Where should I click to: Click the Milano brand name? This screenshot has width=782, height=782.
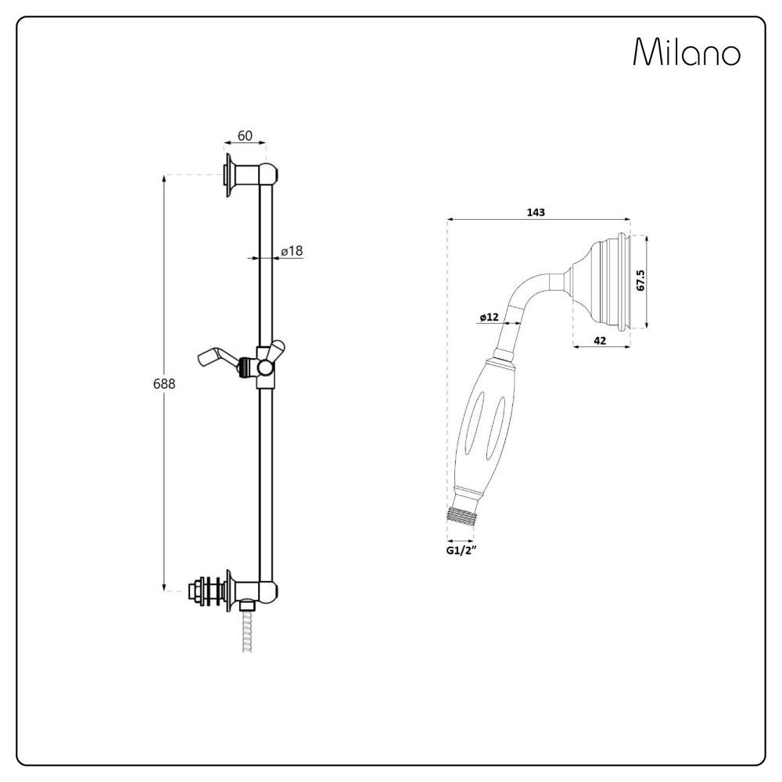pos(686,53)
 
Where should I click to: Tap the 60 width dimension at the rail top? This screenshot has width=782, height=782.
pos(245,136)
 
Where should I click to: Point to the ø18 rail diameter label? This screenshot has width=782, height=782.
pos(292,250)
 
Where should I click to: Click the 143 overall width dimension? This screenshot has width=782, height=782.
pos(536,212)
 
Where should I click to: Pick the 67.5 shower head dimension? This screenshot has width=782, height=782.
pos(640,281)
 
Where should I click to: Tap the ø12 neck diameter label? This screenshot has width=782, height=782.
pos(490,317)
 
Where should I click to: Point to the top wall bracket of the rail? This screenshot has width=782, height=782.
pos(249,173)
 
